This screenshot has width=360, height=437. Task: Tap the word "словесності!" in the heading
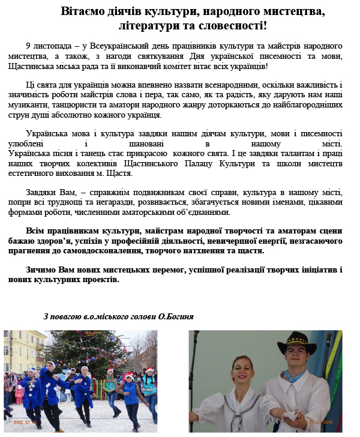(235, 26)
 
